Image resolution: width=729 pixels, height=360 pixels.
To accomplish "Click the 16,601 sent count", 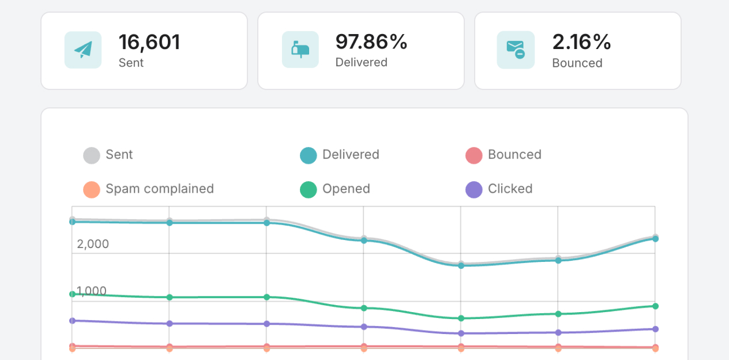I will [x=149, y=42].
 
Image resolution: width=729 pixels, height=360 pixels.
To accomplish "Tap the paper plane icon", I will [x=83, y=50].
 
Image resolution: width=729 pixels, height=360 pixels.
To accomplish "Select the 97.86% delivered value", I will [x=371, y=42].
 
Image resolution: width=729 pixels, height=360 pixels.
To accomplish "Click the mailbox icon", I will [x=300, y=50].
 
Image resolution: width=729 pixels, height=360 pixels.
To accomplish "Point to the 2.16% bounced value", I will [x=581, y=42].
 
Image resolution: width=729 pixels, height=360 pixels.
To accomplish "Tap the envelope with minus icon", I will [x=516, y=50].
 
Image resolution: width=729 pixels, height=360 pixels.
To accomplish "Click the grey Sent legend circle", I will [x=92, y=155].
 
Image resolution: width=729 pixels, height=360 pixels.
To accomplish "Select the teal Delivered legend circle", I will [x=309, y=155].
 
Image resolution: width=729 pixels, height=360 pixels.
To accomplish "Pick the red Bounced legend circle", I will [x=474, y=155].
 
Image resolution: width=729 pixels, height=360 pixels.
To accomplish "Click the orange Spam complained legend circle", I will [x=92, y=189].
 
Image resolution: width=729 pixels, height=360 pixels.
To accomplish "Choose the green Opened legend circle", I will [x=309, y=189].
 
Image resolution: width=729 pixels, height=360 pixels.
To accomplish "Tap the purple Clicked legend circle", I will [x=474, y=189].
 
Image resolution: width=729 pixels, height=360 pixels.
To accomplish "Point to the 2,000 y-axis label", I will [x=93, y=244].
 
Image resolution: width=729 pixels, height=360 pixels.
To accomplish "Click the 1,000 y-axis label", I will [x=92, y=291].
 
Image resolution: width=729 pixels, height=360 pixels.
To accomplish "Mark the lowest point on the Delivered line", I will [x=461, y=265].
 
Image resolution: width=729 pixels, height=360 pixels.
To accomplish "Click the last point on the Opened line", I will [x=655, y=306].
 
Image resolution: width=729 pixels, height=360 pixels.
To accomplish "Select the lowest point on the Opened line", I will [x=461, y=318].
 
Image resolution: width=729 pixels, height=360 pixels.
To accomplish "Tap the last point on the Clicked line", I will [x=655, y=329].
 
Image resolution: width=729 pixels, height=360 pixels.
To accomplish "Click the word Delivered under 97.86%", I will [x=361, y=62].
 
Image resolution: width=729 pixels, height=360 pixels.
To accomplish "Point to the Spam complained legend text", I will [x=160, y=189].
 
